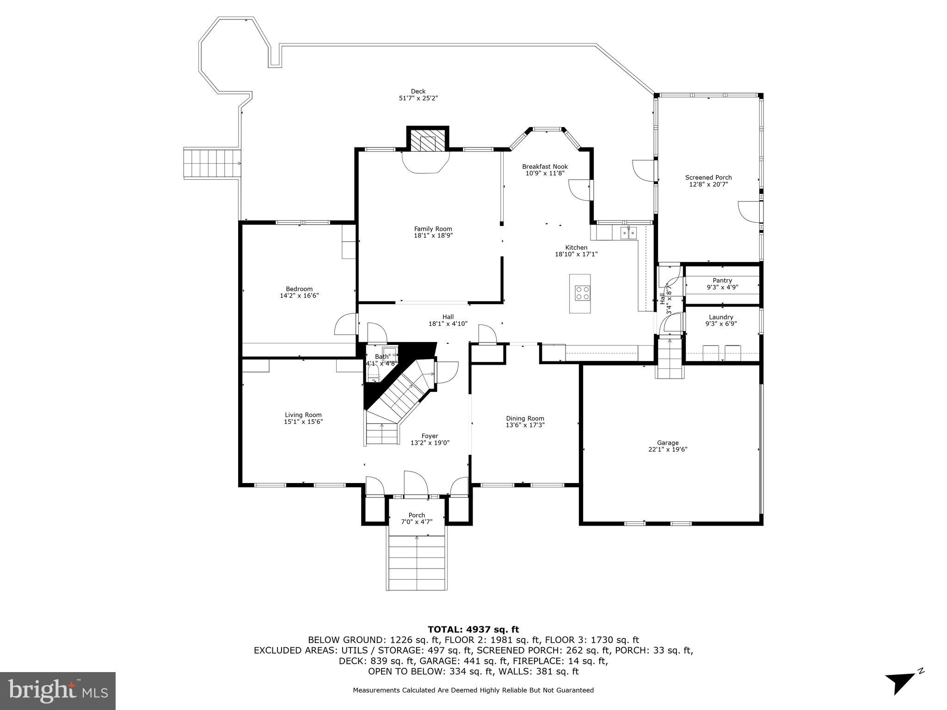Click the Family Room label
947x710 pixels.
click(x=433, y=229)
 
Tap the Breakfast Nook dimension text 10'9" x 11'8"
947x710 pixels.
click(x=545, y=173)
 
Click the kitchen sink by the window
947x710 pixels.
click(x=628, y=233)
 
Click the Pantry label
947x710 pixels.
click(x=722, y=280)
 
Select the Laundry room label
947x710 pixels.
click(x=721, y=317)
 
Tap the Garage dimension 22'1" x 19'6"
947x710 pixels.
click(x=668, y=449)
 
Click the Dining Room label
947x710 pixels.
click(x=525, y=418)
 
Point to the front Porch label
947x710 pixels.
click(x=417, y=515)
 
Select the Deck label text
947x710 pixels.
click(x=418, y=92)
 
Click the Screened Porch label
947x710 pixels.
click(x=708, y=177)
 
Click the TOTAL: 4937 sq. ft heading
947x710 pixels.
click(x=473, y=629)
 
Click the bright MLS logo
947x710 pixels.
click(x=58, y=691)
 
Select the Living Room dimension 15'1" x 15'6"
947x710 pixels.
click(x=303, y=422)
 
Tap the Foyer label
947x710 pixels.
click(x=430, y=436)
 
